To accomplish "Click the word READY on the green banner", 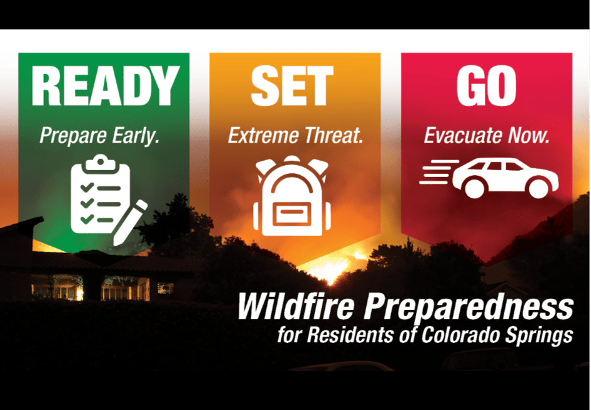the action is (105, 86).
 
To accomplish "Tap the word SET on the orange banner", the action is (292, 86).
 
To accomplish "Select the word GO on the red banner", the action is (486, 86).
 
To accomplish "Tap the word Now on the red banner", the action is (528, 136).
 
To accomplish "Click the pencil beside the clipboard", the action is (130, 223).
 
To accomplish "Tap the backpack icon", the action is (291, 195).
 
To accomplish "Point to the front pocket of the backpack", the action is (291, 214).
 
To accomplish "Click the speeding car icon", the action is (489, 178).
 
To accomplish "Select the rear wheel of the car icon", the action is (474, 188).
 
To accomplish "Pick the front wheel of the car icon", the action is (539, 188).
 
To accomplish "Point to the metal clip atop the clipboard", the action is (100, 163).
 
